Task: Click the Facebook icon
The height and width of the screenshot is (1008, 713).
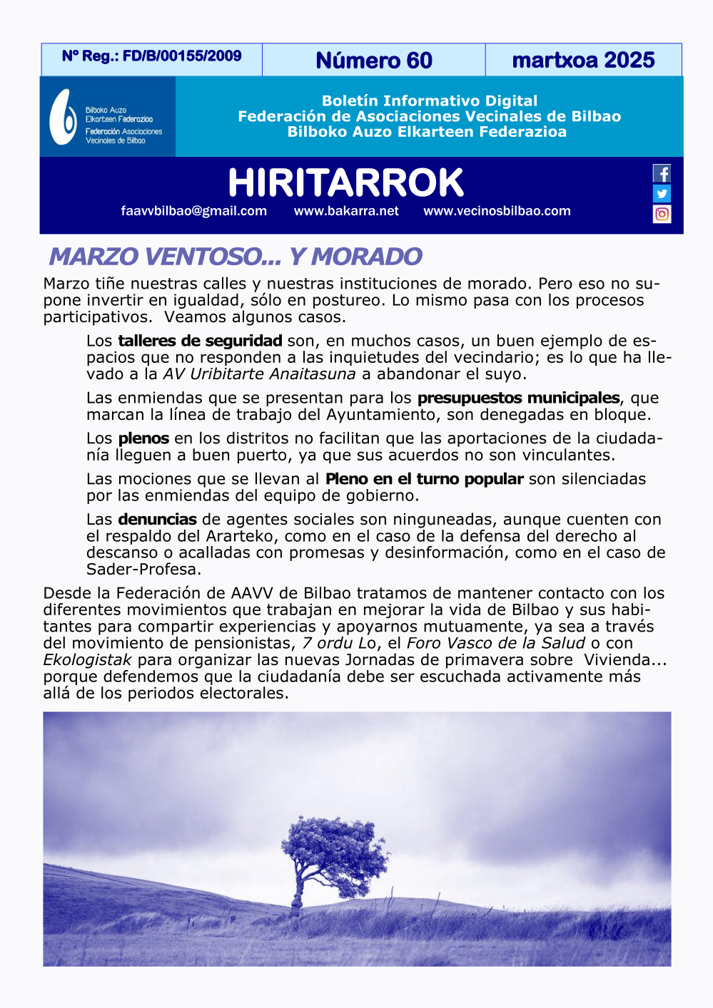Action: (662, 174)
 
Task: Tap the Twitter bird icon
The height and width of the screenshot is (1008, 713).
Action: (662, 194)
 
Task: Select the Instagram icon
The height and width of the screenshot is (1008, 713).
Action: (662, 214)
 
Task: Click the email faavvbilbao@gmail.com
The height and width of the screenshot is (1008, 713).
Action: (194, 211)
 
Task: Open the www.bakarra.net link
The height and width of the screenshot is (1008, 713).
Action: (346, 211)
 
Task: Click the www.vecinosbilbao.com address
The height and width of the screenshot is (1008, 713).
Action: (497, 211)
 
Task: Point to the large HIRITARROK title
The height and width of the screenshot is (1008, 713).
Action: (345, 182)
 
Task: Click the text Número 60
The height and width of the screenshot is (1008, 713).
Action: (374, 61)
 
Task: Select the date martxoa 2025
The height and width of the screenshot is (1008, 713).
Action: (583, 61)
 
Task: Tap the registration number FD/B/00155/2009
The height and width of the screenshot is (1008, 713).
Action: (182, 56)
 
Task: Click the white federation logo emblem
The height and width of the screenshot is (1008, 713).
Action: (63, 117)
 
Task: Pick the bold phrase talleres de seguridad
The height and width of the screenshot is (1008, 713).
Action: (200, 341)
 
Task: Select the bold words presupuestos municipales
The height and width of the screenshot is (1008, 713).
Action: (518, 398)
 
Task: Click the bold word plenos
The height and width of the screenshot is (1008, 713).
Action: (143, 438)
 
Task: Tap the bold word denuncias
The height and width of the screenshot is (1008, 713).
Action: (157, 520)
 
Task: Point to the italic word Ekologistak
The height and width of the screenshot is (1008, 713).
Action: (87, 660)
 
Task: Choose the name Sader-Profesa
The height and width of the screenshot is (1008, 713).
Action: (143, 570)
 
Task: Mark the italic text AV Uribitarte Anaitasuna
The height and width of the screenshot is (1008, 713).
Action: (259, 374)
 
